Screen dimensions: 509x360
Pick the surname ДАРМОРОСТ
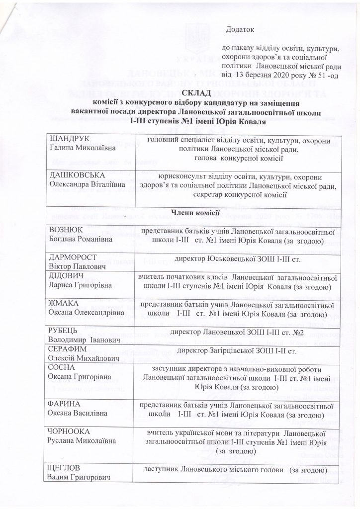[x=72, y=257]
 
